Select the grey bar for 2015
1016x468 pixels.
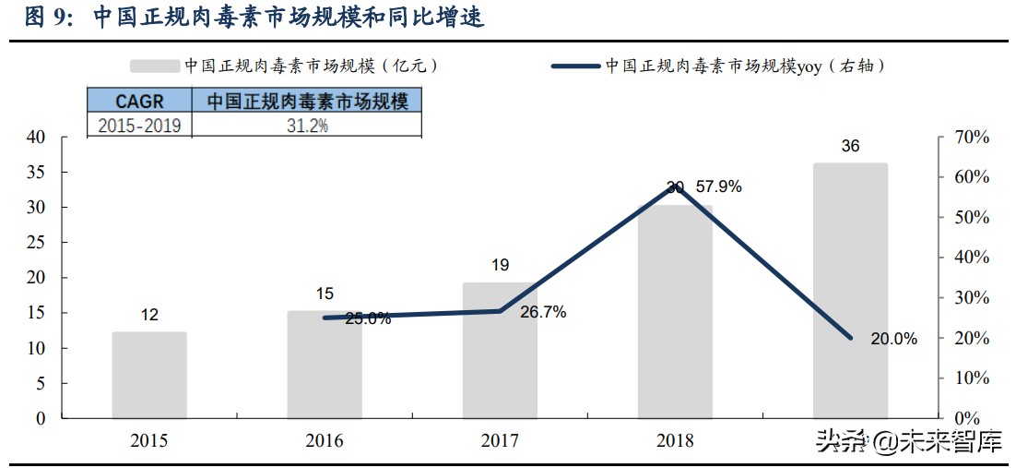(149, 375)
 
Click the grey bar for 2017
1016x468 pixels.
(500, 351)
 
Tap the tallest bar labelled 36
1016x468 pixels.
(850, 291)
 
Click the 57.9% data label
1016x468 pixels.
(719, 186)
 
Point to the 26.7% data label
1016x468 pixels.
(543, 312)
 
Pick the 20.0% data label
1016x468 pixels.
(893, 339)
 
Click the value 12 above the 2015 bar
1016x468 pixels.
(149, 316)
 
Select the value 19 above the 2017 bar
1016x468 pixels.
(500, 266)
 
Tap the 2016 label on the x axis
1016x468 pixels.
(325, 441)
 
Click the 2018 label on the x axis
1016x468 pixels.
(675, 441)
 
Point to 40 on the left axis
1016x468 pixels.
(35, 138)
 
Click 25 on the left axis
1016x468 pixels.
(35, 243)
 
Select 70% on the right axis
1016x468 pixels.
(971, 138)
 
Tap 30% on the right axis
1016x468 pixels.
(971, 298)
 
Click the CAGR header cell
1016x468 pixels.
(139, 101)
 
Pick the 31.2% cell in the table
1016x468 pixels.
(307, 126)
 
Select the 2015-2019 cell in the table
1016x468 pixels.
(139, 126)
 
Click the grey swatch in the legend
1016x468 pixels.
(153, 66)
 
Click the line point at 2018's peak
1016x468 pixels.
(676, 186)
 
